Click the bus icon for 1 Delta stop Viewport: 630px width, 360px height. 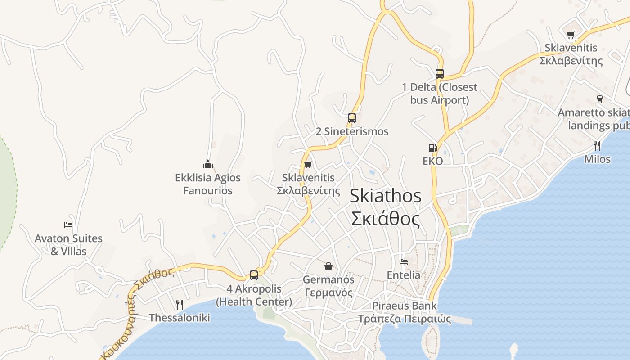pos(440,74)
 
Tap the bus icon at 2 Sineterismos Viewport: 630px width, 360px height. pos(352,118)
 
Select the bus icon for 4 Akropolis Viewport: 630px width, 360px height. pos(254,275)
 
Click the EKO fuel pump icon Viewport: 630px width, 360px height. pos(432,148)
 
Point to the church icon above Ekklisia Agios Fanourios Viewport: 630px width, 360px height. pos(207,164)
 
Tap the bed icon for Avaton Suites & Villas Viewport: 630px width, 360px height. pos(68,225)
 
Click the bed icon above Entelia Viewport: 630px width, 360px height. pos(404,261)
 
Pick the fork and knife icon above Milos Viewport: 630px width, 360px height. pos(597,145)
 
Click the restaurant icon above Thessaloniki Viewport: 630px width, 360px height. pos(179,304)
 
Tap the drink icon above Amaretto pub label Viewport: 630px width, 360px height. pos(599,99)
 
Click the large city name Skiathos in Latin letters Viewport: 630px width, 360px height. pos(386,196)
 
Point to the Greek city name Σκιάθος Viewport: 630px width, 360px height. pos(386,219)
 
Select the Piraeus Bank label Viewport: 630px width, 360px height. pos(404,306)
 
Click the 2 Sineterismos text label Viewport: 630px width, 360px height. pos(352,131)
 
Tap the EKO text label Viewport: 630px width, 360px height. pos(433,161)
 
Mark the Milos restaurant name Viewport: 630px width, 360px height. pos(598,159)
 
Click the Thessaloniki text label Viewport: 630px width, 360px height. pos(180,318)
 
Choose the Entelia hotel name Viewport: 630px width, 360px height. pos(404,275)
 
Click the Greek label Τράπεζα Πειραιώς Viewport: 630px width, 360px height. pos(404,319)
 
